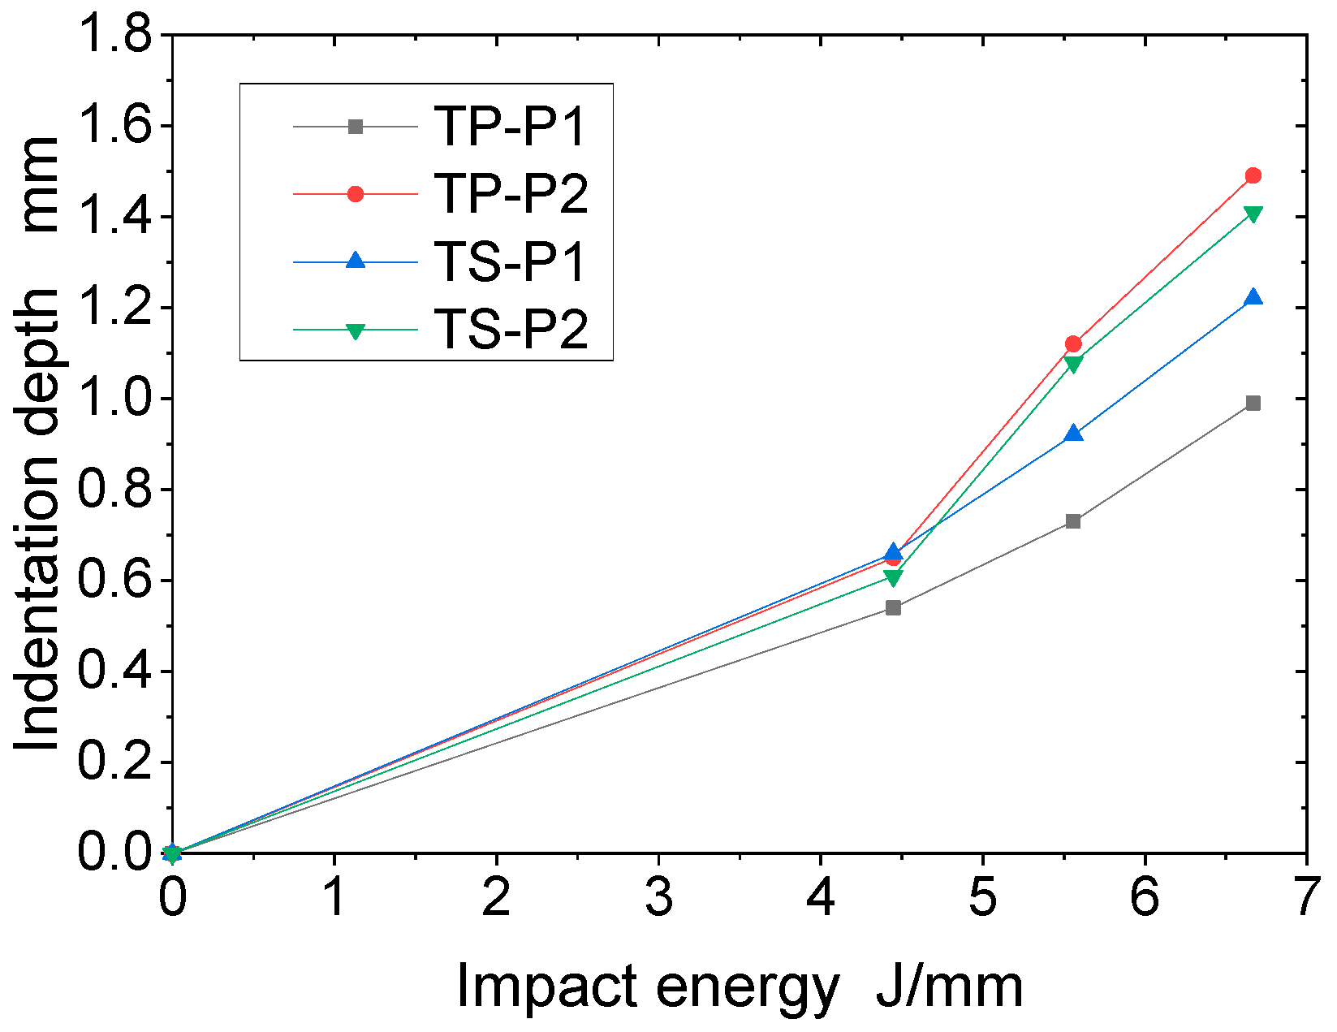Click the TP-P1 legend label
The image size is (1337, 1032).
510,127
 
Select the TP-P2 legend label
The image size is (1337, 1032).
510,194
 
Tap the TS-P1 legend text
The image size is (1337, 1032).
510,262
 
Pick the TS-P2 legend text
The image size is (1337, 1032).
510,330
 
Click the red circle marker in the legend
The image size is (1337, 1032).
355,194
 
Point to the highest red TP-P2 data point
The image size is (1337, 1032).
1253,175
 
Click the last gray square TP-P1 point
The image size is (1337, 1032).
1253,404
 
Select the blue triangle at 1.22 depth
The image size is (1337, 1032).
1253,298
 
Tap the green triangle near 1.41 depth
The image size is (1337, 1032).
1253,214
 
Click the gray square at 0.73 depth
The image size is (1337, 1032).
1072,521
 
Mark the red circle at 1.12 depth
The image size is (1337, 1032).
1072,343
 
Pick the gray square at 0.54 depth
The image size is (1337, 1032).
893,607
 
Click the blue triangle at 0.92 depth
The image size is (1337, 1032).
1072,434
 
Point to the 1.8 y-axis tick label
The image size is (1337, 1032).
114,36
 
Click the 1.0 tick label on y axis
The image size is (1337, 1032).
114,399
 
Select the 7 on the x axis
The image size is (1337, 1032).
1305,899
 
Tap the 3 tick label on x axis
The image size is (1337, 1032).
658,899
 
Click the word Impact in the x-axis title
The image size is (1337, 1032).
546,987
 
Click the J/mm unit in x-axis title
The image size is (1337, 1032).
949,987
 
